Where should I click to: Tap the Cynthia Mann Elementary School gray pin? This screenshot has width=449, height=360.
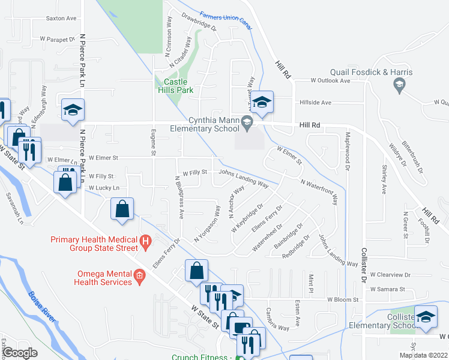[247, 124]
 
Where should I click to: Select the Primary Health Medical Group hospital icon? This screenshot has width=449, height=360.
[145, 241]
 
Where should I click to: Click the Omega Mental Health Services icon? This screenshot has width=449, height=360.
[139, 276]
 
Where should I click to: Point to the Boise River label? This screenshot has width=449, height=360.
[42, 307]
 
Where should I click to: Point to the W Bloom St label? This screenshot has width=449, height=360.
[342, 299]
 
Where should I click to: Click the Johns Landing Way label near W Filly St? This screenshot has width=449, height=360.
[244, 178]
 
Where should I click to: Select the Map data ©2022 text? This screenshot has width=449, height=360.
[423, 355]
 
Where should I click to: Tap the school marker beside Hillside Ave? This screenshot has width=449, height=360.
[262, 102]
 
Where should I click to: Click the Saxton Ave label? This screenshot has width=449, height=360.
[61, 19]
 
